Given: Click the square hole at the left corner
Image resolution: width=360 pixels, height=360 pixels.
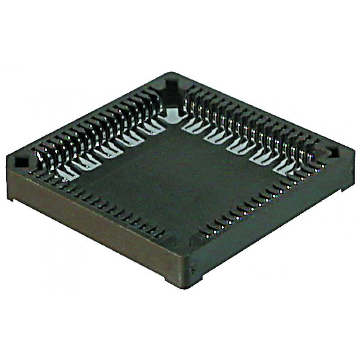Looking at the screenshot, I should [20, 161].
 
